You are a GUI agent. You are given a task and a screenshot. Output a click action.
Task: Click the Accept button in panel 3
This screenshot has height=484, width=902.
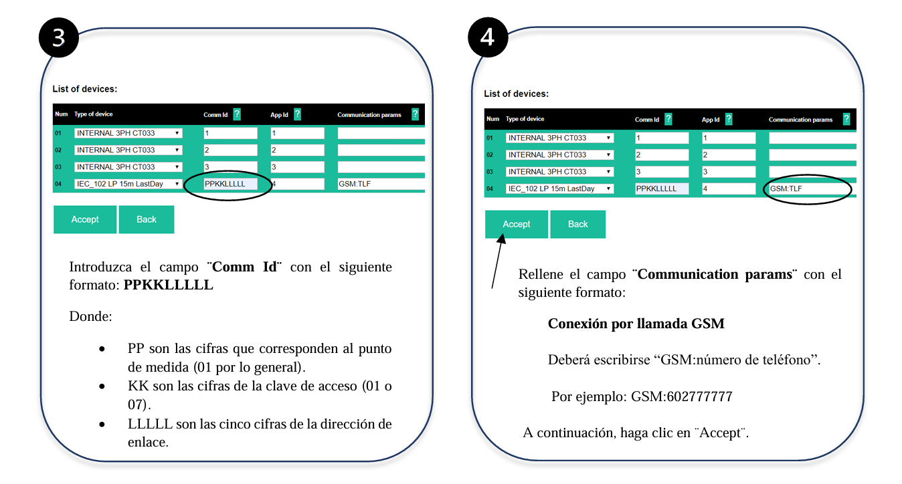click(x=85, y=219)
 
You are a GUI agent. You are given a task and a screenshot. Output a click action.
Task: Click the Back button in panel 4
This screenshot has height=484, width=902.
click(x=577, y=225)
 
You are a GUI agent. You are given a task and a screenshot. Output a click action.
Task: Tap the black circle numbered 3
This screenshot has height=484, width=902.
click(x=59, y=37)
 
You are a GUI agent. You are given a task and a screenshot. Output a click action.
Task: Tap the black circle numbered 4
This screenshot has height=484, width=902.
click(x=488, y=37)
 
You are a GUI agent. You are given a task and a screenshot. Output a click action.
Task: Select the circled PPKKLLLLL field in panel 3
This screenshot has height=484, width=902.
click(x=230, y=184)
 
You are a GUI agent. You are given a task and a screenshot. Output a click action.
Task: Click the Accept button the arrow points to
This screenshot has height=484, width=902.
click(x=516, y=225)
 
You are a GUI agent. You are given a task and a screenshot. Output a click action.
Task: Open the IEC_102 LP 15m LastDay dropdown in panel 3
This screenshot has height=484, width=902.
click(x=128, y=184)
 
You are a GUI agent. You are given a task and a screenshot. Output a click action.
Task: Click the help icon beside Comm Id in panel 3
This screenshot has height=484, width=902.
click(x=237, y=114)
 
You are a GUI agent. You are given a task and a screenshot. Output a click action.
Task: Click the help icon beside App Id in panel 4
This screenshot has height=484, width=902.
click(x=729, y=119)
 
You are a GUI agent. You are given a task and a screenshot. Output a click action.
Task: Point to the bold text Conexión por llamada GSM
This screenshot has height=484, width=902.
click(x=636, y=324)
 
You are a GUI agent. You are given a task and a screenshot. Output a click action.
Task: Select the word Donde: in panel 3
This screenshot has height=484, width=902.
click(x=90, y=316)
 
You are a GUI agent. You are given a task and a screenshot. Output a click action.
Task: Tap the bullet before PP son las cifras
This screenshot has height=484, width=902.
click(x=102, y=349)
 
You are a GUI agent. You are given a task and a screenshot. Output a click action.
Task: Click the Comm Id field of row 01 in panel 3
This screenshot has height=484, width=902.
click(x=230, y=133)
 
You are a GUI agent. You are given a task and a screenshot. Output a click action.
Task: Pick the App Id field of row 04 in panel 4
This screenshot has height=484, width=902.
click(x=728, y=189)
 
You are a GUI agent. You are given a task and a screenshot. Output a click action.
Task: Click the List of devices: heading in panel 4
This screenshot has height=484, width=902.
click(x=516, y=94)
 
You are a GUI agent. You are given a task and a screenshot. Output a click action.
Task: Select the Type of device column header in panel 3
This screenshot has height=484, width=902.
click(x=94, y=115)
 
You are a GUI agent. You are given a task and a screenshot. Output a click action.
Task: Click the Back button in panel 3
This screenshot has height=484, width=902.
click(x=147, y=219)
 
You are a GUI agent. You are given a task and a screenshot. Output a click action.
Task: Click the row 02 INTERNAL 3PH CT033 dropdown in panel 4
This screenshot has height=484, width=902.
click(x=559, y=155)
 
